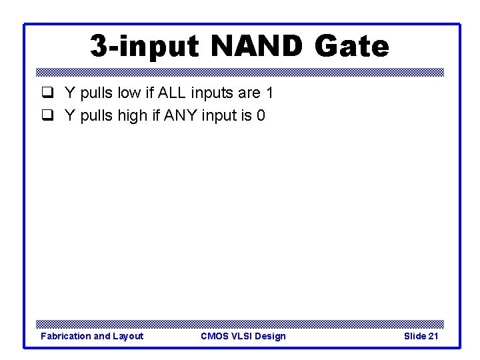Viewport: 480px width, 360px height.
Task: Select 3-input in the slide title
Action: pos(144,47)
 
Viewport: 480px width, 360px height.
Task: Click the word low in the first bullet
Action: pos(129,93)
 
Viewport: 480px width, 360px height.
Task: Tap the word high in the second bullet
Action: pos(134,116)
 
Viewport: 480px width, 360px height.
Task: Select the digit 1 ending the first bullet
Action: pos(269,93)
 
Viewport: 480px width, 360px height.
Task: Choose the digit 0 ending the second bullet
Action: pos(261,116)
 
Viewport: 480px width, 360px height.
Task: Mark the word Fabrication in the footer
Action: pos(65,336)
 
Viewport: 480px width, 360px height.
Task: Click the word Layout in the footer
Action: pos(128,336)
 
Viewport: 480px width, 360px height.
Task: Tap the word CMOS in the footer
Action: pos(214,336)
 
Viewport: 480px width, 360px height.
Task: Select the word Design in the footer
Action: pos(271,336)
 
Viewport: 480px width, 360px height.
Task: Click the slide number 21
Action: pos(433,336)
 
